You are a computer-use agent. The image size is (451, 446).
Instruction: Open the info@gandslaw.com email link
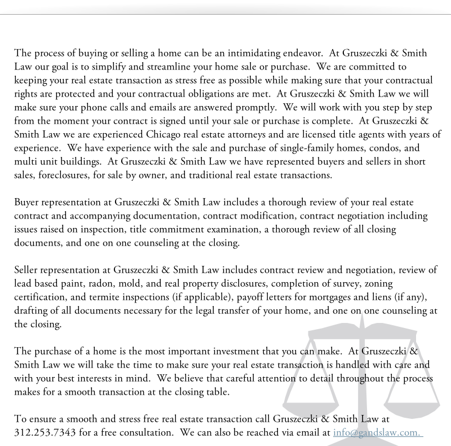(x=378, y=432)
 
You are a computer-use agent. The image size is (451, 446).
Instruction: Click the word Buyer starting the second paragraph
(x=27, y=202)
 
